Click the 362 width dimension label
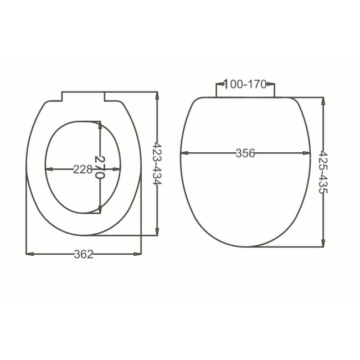84,254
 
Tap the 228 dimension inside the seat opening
83,169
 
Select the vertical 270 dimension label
100,167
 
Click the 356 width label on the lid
245,153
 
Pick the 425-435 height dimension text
323,172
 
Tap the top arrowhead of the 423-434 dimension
158,95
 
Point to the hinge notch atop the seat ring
83,96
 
